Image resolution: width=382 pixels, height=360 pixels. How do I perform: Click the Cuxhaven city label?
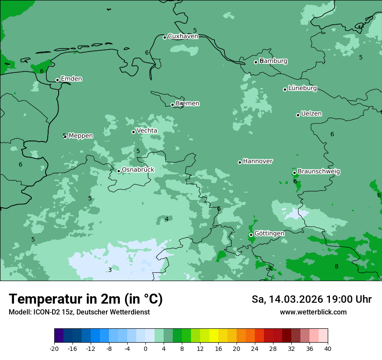point(183,36)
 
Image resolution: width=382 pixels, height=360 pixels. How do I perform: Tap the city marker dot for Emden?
point(57,80)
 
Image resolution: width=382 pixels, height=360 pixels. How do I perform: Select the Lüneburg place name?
point(302,88)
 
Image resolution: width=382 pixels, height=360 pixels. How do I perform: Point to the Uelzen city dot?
point(298,115)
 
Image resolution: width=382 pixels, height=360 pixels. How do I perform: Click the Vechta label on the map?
point(147,131)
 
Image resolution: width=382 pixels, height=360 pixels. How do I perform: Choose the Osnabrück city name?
point(138,170)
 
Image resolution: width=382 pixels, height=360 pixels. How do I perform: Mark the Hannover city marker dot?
point(240,162)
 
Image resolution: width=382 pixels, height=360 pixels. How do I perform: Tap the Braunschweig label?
point(319,172)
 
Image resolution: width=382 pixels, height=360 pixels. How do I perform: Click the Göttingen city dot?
point(251,235)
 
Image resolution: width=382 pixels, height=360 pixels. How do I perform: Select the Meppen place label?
point(80,136)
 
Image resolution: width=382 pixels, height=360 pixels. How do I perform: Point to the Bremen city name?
point(187,104)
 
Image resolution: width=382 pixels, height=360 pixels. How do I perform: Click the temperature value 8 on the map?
point(336,266)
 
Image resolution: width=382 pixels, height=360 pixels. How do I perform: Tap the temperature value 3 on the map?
point(110,270)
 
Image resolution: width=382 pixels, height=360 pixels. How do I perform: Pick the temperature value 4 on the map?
point(167,219)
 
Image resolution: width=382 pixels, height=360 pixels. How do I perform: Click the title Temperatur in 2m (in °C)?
point(86,299)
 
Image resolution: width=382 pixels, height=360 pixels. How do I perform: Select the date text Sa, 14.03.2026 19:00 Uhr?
point(311,299)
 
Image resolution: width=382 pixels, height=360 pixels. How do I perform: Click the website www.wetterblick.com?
point(313,312)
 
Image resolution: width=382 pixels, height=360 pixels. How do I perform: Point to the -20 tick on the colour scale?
point(54,348)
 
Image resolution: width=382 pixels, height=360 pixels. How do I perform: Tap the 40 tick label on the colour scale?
point(328,348)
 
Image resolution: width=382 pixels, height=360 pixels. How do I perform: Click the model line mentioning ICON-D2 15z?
point(79,312)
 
